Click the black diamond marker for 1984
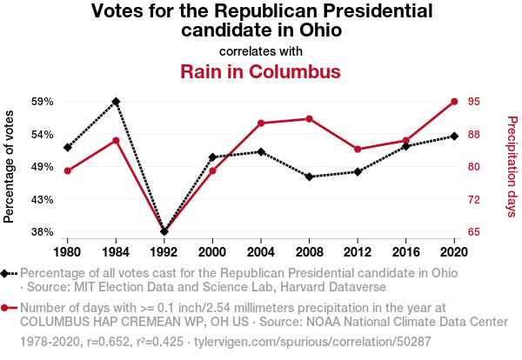click(116, 102)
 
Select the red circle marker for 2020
click(454, 102)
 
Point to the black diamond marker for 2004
click(261, 151)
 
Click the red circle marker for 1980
click(67, 170)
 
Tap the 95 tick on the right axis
click(474, 102)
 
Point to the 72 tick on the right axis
click(474, 200)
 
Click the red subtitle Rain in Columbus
click(260, 70)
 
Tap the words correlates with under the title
click(260, 50)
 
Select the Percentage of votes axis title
click(10, 166)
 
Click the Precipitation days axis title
click(512, 166)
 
